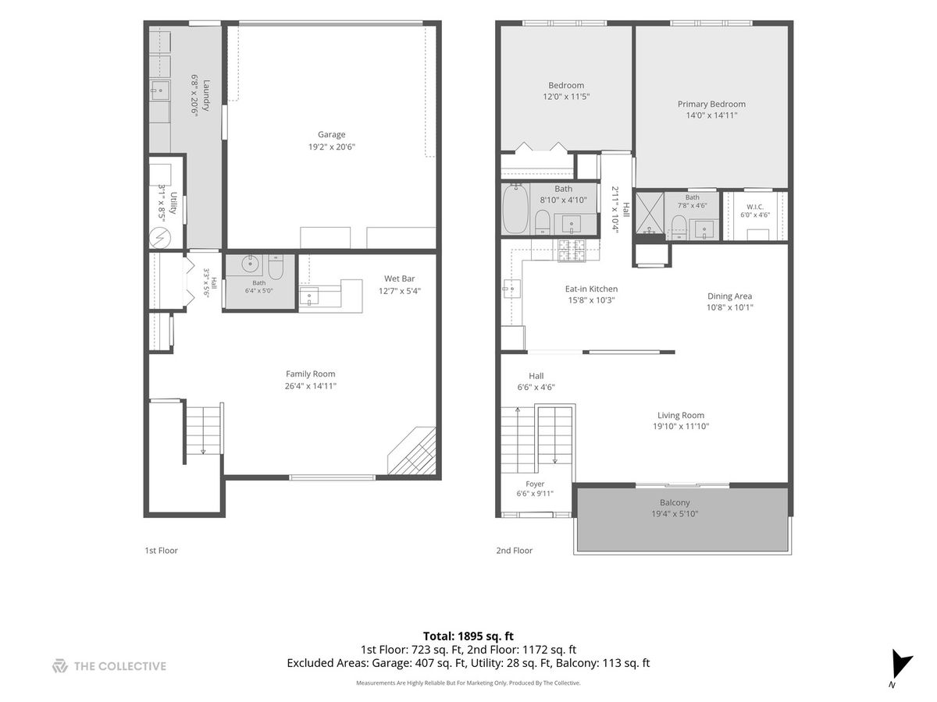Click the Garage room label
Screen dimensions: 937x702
point(331,135)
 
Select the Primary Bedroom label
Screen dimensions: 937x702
point(711,104)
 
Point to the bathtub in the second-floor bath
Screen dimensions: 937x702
point(515,209)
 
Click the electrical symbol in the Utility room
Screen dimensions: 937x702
point(159,238)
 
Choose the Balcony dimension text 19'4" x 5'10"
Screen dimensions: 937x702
point(675,513)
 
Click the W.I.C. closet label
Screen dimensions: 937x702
point(755,207)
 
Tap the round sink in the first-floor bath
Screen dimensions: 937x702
point(250,264)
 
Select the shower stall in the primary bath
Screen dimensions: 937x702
point(650,213)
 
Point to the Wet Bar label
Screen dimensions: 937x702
point(399,278)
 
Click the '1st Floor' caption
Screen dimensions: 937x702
point(161,550)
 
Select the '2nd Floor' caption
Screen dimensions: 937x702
point(514,550)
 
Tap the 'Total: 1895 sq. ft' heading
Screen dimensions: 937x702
point(468,636)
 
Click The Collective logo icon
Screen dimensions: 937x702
point(60,666)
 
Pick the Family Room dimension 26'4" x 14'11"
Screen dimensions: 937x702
point(310,386)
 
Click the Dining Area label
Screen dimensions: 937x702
point(729,296)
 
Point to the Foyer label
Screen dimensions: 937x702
point(535,484)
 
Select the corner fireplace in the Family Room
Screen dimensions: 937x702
point(412,451)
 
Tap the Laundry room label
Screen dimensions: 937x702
point(207,95)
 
